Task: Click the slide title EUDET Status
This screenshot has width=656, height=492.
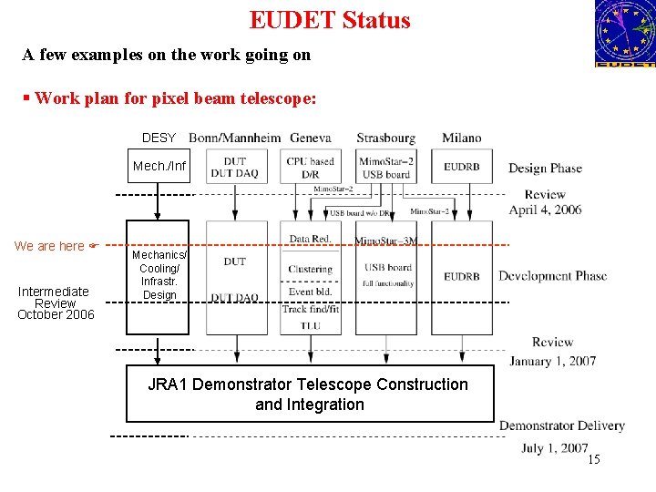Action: click(x=330, y=20)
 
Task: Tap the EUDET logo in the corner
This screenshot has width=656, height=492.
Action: click(x=624, y=34)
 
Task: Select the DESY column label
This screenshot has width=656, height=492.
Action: click(x=159, y=138)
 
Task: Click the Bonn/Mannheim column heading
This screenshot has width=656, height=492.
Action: click(x=235, y=138)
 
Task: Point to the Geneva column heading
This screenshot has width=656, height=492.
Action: click(x=310, y=138)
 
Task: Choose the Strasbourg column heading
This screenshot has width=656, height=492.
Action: click(x=385, y=138)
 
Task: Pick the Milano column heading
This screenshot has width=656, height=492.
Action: click(x=462, y=138)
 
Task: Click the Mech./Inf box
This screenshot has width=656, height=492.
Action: click(x=159, y=166)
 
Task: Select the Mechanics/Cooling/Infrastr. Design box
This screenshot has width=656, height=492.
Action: click(x=159, y=275)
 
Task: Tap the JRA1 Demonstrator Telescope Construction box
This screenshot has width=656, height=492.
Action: click(x=309, y=395)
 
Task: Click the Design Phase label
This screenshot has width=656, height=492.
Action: click(x=545, y=168)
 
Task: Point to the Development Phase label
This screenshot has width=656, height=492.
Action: click(x=552, y=276)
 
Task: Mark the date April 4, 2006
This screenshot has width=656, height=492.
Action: click(x=545, y=210)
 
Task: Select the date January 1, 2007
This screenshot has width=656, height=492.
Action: click(x=552, y=361)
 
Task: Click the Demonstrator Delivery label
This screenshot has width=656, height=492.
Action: click(x=561, y=425)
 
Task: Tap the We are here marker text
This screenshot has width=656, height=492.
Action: click(x=49, y=246)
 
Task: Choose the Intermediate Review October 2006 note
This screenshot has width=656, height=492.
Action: click(x=55, y=302)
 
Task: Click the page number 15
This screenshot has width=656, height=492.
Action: click(x=593, y=459)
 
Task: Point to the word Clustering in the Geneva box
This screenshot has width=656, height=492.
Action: click(x=310, y=269)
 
